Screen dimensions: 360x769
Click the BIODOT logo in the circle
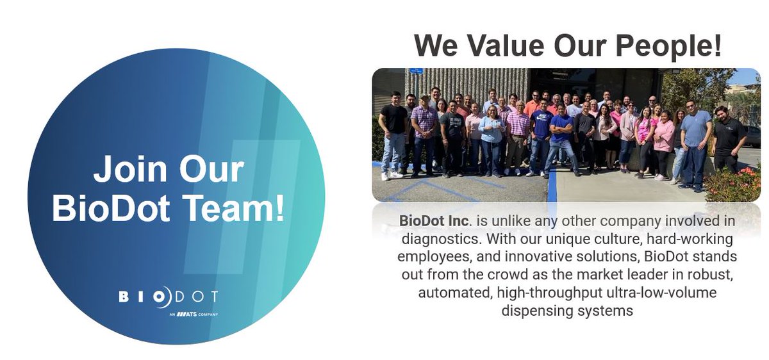click(168, 297)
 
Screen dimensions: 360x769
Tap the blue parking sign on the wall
click(417, 71)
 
